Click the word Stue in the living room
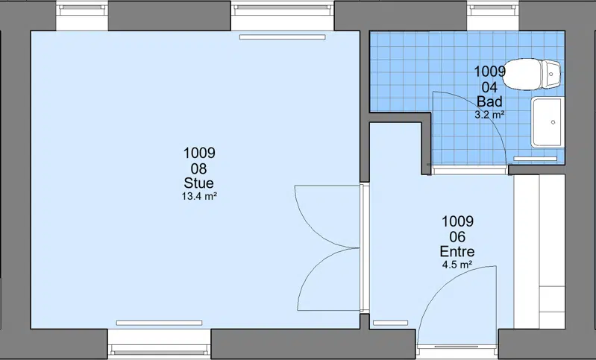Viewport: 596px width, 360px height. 199,183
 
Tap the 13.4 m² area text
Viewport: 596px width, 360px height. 200,196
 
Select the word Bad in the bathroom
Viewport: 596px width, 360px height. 489,101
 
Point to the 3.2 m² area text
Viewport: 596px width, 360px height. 489,114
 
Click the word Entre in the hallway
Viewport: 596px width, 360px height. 457,251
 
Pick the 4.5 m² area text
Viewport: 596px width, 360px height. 457,265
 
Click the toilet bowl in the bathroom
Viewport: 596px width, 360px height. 523,75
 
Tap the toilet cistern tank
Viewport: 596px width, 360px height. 551,74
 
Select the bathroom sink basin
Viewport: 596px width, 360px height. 548,122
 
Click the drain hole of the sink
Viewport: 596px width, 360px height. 553,122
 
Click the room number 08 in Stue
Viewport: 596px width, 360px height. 199,168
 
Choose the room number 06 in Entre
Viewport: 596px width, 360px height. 457,237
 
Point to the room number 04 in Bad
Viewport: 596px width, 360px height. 489,87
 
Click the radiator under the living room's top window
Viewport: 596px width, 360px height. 283,37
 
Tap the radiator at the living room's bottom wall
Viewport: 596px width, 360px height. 160,323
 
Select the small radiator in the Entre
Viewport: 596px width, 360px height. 390,323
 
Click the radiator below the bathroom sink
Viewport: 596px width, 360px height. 535,158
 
